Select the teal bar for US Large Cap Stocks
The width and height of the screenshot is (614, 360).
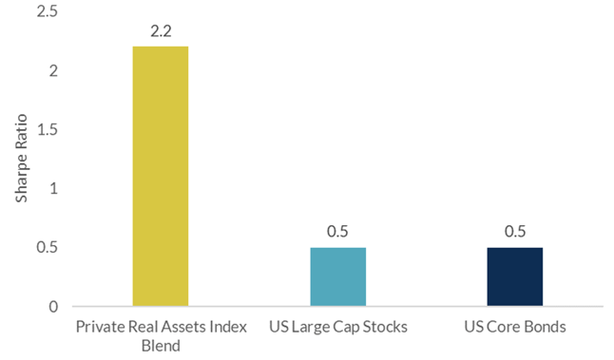[338, 276]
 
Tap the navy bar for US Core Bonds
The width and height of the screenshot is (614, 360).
[515, 276]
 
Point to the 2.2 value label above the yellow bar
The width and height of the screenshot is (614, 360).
[160, 31]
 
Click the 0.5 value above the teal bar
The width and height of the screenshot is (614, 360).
[338, 232]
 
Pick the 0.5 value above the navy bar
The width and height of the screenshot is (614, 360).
[515, 232]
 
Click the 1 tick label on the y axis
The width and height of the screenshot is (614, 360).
[52, 188]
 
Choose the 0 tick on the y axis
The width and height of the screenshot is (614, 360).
[52, 306]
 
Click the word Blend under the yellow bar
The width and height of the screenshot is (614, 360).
[160, 346]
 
